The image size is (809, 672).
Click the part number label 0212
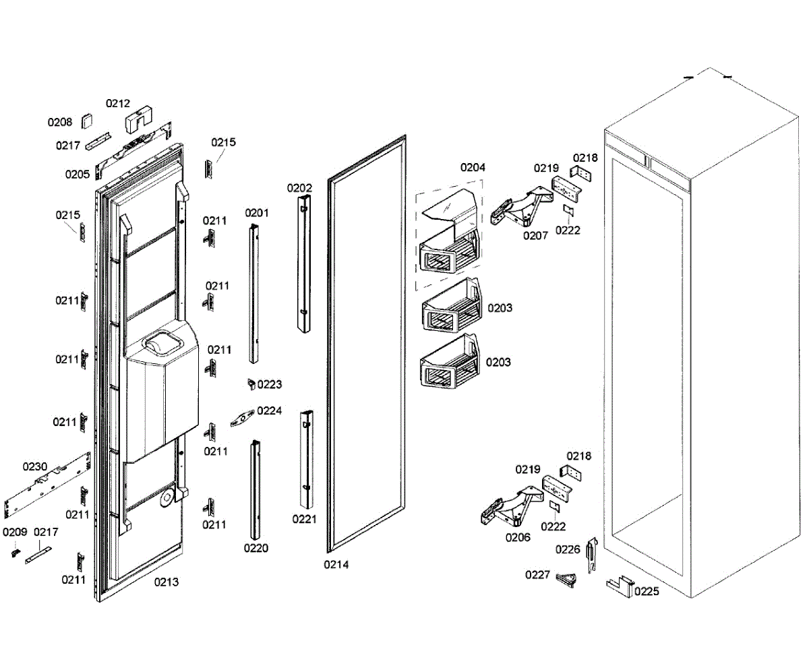click(118, 104)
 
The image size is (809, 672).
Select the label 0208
click(59, 123)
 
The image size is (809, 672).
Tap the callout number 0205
click(78, 174)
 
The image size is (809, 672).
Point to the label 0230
click(35, 466)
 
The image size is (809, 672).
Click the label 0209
click(14, 532)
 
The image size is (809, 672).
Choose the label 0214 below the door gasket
click(336, 565)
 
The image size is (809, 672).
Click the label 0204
click(473, 167)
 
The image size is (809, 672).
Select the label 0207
click(535, 235)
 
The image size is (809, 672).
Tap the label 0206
click(518, 537)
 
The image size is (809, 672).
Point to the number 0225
click(647, 592)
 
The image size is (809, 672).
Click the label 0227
click(538, 574)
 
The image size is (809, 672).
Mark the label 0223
click(270, 385)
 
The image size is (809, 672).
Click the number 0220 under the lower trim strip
click(256, 548)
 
